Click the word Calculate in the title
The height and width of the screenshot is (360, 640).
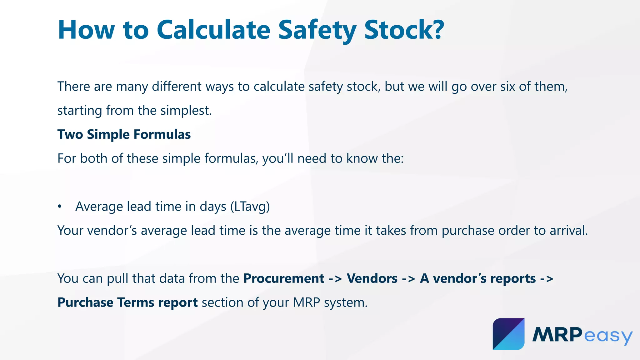[x=213, y=30]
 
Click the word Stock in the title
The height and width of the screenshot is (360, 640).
[x=398, y=30]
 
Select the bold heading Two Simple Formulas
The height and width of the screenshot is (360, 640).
[x=124, y=134]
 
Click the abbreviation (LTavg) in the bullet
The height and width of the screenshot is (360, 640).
[x=250, y=207]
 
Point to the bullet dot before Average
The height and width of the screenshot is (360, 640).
[x=60, y=207]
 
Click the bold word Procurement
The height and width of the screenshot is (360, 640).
[x=284, y=278]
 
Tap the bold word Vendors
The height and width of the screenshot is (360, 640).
[x=372, y=278]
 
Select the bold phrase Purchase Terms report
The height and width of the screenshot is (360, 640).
[x=127, y=302]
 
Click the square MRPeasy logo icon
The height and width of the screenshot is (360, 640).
[x=508, y=334]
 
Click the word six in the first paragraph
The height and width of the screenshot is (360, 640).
[x=508, y=87]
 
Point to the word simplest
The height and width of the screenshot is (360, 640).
[x=186, y=111]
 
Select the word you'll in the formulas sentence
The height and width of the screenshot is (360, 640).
[x=278, y=158]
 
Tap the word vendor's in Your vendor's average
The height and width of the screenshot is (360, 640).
[x=112, y=231]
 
